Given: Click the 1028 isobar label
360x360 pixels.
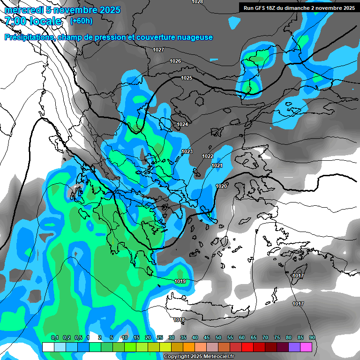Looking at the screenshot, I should click(197, 2).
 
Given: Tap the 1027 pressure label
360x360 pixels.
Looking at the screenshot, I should click(158, 50).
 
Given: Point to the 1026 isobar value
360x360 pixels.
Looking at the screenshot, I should click(175, 61).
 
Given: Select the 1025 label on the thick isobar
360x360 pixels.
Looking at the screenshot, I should click(187, 78).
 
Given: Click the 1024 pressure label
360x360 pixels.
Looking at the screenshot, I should click(182, 124).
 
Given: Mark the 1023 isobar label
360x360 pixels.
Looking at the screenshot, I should click(187, 151).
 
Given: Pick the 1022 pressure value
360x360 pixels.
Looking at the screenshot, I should click(208, 156).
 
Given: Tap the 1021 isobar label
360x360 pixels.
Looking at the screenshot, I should click(217, 165).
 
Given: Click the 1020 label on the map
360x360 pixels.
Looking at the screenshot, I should click(221, 186).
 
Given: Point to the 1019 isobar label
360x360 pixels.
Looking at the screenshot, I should click(180, 281).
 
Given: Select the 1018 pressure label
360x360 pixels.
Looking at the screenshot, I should click(179, 320).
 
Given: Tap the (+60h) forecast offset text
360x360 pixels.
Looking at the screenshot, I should click(81, 21).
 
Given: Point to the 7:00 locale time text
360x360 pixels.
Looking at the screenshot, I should click(33, 21).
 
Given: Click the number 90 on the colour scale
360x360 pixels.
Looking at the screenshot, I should click(312, 338).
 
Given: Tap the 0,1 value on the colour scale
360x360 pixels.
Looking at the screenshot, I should click(55, 338).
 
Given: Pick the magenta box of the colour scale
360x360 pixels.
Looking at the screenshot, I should click(306, 347).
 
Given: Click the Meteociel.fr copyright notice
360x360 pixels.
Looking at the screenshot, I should click(198, 357).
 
